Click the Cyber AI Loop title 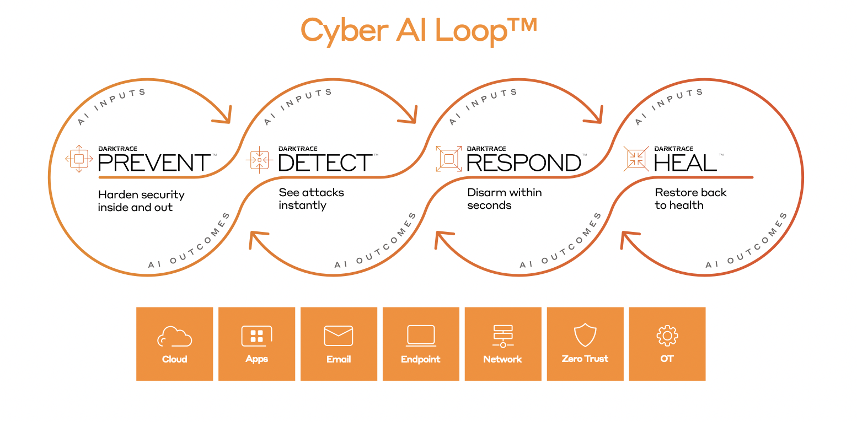click(x=419, y=30)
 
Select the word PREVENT click(x=154, y=163)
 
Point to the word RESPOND click(x=524, y=163)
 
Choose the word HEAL click(x=685, y=163)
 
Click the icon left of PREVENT click(x=79, y=159)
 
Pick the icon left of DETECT click(x=259, y=160)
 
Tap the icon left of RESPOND click(x=449, y=159)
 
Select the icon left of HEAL click(x=636, y=159)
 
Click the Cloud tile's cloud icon click(x=174, y=336)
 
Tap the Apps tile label click(x=256, y=359)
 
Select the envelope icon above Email click(x=339, y=336)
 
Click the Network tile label click(x=502, y=359)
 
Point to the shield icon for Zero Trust click(x=585, y=335)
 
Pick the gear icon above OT click(x=667, y=336)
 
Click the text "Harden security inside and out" click(x=141, y=201)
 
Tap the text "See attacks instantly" click(x=311, y=199)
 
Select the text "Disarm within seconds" click(x=504, y=199)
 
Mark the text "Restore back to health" click(x=690, y=199)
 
